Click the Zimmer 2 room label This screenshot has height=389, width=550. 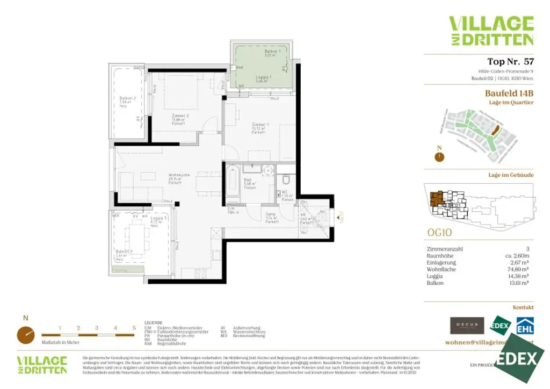click(x=180, y=116)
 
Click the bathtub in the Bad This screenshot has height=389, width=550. click(x=232, y=183)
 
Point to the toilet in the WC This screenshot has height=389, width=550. click(x=286, y=181)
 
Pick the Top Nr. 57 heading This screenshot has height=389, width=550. click(x=510, y=62)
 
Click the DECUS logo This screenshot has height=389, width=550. click(x=466, y=325)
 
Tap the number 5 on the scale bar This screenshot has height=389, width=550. click(x=134, y=327)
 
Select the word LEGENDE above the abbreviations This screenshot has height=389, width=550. click(x=153, y=323)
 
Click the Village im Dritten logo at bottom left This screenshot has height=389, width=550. click(x=42, y=365)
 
